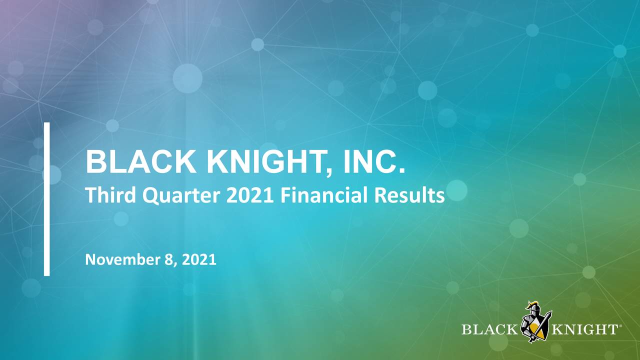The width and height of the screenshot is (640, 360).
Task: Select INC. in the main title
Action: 374,161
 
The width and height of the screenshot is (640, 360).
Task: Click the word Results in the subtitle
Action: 413,195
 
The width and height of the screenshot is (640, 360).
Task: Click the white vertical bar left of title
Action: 46,198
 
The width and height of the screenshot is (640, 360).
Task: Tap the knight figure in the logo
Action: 534,322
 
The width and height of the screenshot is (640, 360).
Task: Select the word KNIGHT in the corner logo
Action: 583,329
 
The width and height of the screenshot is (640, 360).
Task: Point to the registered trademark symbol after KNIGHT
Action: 620,326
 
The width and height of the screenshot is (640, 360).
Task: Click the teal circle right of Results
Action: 456,190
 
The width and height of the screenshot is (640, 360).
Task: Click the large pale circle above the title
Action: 187,78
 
